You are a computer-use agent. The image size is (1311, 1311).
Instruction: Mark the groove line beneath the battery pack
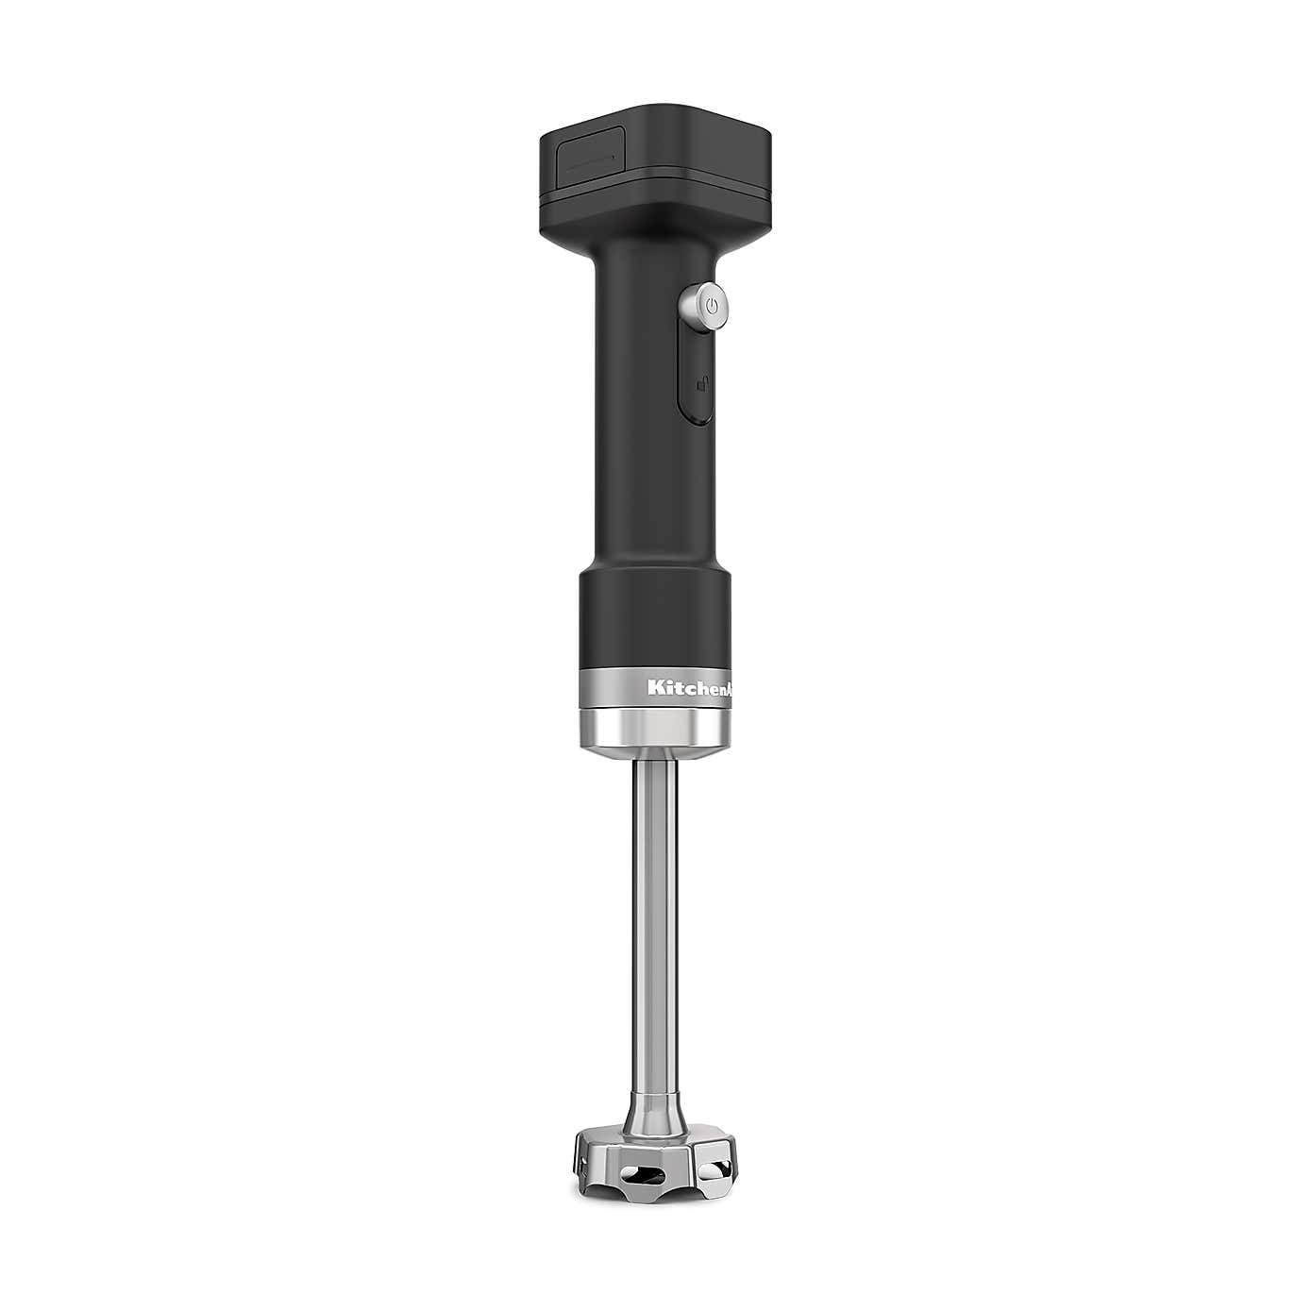(x=661, y=178)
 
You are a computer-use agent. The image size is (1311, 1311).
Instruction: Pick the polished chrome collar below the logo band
(x=651, y=732)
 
